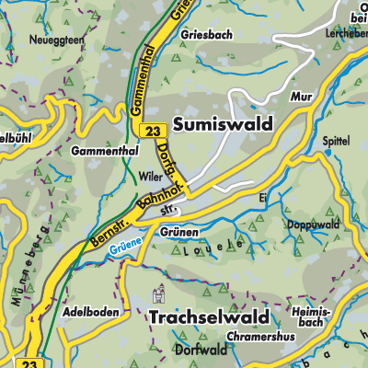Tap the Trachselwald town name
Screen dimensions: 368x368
point(208,317)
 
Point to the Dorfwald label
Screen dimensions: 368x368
point(200,350)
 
